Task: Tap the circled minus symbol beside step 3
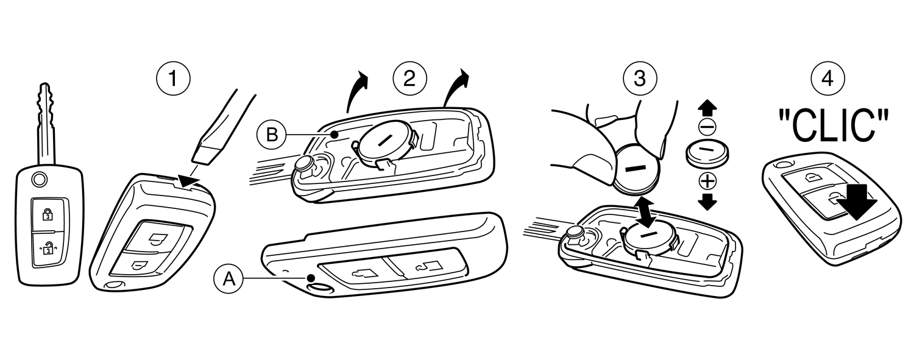point(707,127)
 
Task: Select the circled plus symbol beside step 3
point(707,181)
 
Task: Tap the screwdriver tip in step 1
point(201,156)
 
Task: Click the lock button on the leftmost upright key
point(47,214)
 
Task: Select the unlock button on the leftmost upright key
point(47,248)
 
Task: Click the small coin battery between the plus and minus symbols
point(707,154)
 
